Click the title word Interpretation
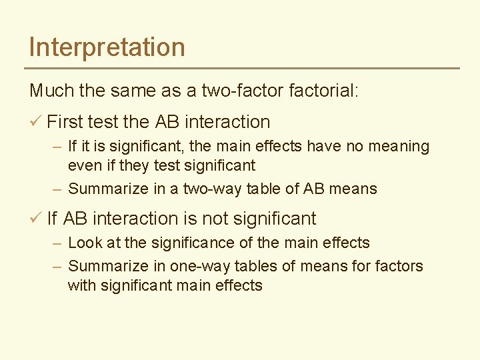pyautogui.click(x=107, y=47)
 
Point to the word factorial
pyautogui.click(x=324, y=90)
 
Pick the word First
pyautogui.click(x=65, y=122)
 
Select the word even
pyautogui.click(x=83, y=165)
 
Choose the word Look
pyautogui.click(x=83, y=243)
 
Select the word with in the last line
pyautogui.click(x=81, y=285)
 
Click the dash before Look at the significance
pyautogui.click(x=57, y=243)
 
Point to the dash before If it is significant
pyautogui.click(x=57, y=147)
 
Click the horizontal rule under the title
pyautogui.click(x=242, y=68)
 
